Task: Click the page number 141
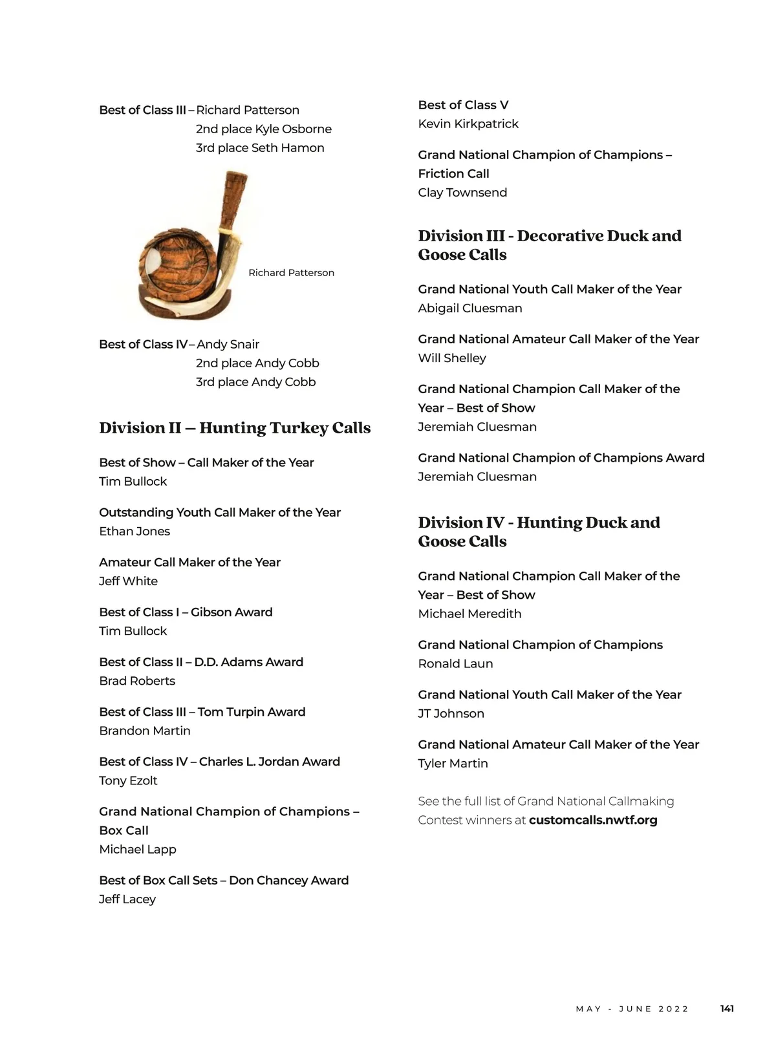point(727,1008)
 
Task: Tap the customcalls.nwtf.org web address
point(593,820)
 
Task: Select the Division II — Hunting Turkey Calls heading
point(235,428)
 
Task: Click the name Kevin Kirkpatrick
point(468,124)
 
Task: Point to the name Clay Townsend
point(462,192)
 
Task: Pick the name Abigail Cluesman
point(470,308)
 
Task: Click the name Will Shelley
point(452,358)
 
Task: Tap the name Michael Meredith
point(469,613)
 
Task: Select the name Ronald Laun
point(455,663)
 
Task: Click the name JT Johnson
point(451,713)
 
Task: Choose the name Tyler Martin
point(453,763)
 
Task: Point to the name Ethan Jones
point(135,531)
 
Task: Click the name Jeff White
point(128,581)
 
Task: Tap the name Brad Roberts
point(137,680)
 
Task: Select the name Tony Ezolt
point(128,780)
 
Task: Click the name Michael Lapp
point(137,849)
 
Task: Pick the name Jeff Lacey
point(127,899)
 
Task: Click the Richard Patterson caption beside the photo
point(291,273)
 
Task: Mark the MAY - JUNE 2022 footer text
point(632,1009)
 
